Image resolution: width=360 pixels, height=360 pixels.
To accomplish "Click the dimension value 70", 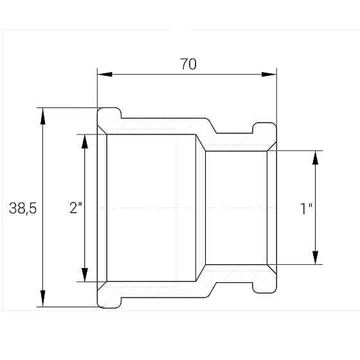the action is click(188, 64).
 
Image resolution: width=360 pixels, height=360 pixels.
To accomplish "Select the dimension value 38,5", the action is click(22, 208).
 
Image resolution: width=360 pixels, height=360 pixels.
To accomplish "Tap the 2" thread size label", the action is click(76, 207).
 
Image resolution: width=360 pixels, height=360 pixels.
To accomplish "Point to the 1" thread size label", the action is click(306, 209).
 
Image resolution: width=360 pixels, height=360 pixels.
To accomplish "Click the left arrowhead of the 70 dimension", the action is click(105, 74).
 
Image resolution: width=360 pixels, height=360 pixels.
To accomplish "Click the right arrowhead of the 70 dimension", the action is click(269, 74).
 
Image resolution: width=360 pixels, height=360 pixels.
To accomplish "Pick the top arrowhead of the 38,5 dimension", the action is click(42, 116).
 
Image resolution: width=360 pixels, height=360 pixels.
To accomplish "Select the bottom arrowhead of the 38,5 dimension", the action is click(42, 298).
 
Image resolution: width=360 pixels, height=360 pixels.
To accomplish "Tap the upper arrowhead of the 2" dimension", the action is click(85, 141).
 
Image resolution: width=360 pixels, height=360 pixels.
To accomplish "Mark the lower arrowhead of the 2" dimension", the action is click(85, 274).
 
